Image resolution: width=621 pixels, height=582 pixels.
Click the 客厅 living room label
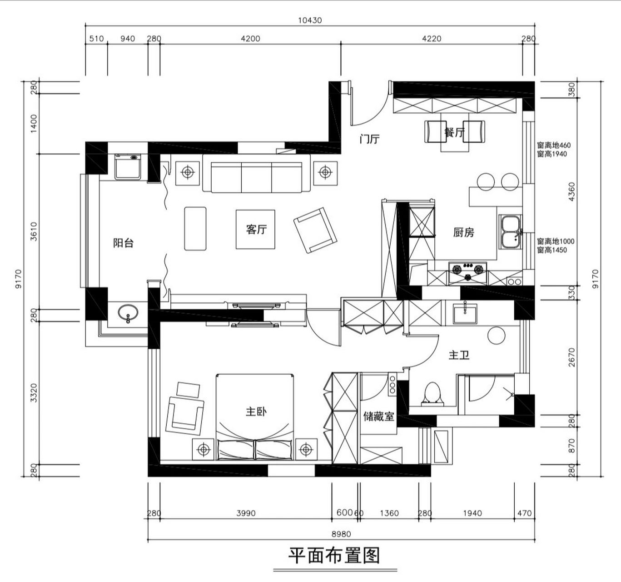click(256, 230)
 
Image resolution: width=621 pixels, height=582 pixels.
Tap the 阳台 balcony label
click(123, 243)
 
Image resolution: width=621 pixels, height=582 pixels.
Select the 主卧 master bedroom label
click(256, 412)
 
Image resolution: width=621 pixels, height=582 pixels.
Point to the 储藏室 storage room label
click(378, 416)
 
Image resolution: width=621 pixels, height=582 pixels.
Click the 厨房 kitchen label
click(463, 233)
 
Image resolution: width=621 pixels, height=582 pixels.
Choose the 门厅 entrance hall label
click(369, 140)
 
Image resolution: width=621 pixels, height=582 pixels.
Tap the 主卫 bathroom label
click(459, 355)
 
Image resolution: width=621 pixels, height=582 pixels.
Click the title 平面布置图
click(334, 555)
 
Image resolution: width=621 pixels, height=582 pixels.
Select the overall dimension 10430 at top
click(310, 20)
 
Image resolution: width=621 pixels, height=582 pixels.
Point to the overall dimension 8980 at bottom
click(341, 534)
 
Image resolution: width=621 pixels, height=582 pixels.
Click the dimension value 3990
click(246, 513)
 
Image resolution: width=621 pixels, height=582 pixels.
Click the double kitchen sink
click(511, 231)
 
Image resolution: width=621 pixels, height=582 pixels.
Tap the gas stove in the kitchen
click(467, 271)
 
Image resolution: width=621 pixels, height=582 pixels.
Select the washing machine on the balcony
click(128, 167)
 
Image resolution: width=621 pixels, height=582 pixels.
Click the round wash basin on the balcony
click(128, 313)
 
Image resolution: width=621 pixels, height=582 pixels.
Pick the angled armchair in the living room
click(315, 230)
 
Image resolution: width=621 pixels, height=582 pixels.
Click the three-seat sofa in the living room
click(256, 176)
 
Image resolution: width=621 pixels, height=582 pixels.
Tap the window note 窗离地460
click(554, 145)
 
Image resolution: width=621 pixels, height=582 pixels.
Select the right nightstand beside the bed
click(306, 450)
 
